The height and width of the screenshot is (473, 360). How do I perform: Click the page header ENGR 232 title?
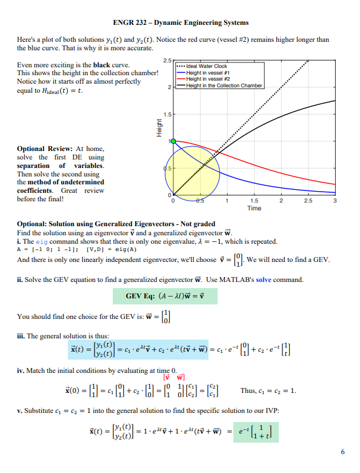(179, 22)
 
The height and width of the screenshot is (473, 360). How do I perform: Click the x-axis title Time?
(254, 208)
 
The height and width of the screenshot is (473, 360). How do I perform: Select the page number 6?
(343, 452)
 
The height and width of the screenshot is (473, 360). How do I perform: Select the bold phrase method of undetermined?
(61, 182)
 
